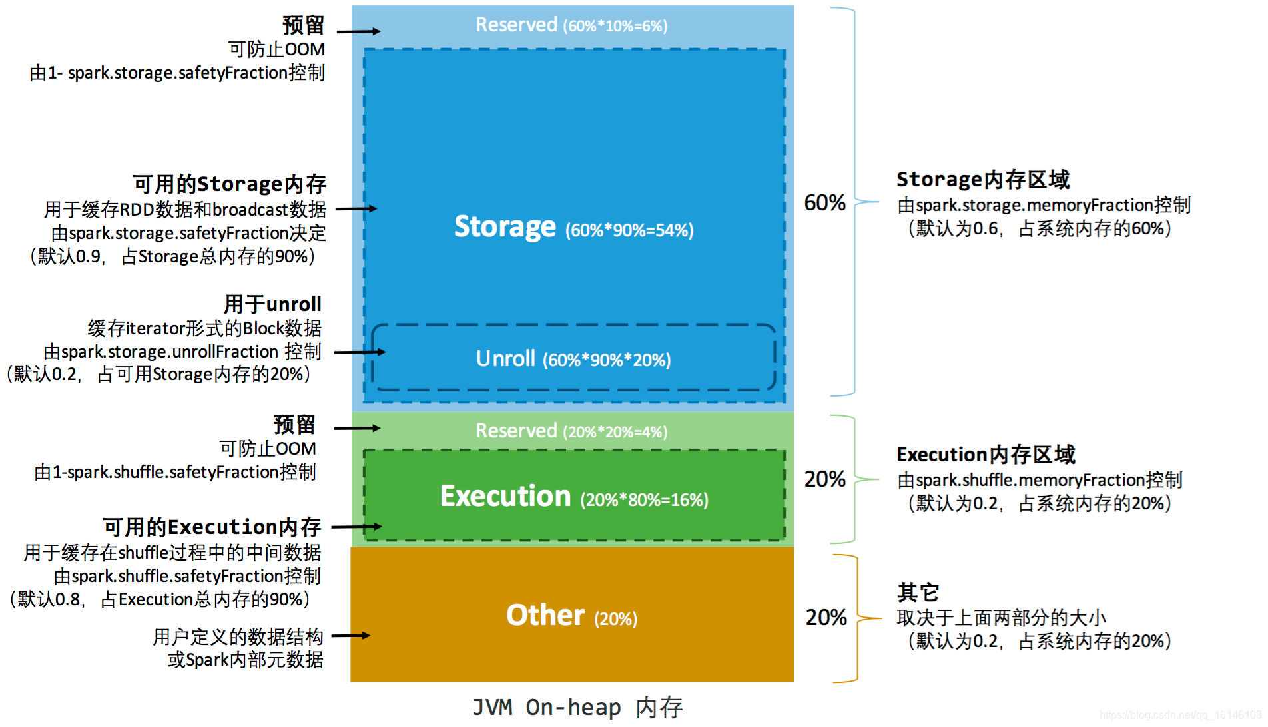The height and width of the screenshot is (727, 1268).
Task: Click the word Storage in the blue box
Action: click(505, 227)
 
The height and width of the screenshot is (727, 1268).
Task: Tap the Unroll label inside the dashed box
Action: click(505, 359)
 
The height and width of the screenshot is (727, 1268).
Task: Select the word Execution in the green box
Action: click(505, 497)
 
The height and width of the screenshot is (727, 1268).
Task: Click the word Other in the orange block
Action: click(545, 615)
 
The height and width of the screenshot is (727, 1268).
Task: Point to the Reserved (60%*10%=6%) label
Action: click(571, 25)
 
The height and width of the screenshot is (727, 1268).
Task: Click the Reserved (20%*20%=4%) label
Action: click(571, 431)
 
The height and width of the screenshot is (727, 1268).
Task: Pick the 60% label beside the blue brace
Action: click(824, 203)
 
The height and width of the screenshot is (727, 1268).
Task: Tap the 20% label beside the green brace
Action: click(824, 479)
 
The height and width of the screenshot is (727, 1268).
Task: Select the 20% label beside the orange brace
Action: click(826, 618)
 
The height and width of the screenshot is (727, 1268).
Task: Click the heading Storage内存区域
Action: click(982, 180)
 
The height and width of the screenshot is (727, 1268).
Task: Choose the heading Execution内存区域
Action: click(986, 455)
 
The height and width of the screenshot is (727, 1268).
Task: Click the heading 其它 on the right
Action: click(918, 592)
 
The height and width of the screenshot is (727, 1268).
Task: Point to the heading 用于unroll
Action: click(272, 304)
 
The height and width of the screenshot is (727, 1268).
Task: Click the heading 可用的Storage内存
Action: click(230, 184)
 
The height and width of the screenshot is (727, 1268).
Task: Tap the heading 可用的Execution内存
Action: click(212, 527)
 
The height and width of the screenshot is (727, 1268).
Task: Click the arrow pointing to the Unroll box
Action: click(360, 352)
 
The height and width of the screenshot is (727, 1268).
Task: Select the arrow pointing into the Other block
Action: click(350, 636)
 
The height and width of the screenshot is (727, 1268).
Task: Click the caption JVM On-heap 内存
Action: click(577, 707)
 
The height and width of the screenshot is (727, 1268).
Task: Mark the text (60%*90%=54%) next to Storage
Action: click(629, 230)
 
